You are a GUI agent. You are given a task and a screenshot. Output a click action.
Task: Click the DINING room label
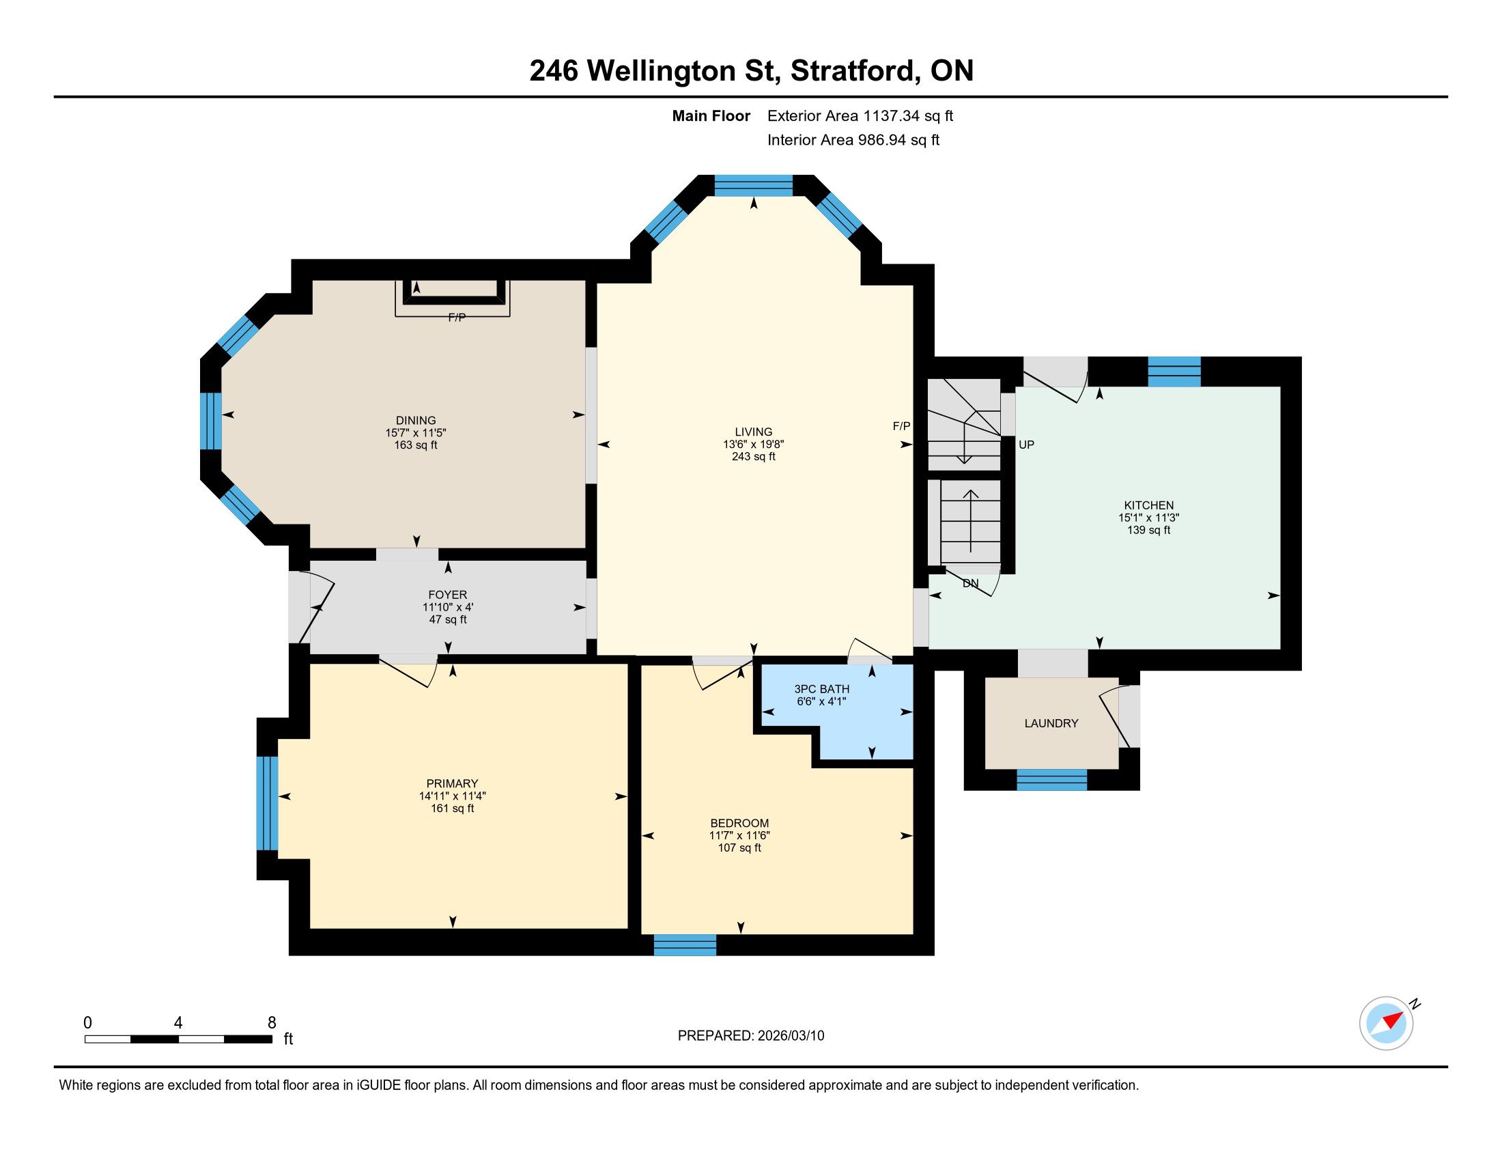[415, 420]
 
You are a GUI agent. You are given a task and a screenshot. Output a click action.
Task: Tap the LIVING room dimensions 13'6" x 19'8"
[753, 445]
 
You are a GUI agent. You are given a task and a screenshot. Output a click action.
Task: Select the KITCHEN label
[1148, 505]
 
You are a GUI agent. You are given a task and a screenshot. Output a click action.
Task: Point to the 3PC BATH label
[822, 688]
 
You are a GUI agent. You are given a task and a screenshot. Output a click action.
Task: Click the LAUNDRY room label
[1051, 723]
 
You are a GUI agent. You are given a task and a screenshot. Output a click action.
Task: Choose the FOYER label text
[448, 595]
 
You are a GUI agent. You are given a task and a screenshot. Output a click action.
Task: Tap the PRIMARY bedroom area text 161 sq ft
[452, 808]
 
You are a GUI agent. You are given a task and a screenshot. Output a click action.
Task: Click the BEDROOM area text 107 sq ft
[739, 848]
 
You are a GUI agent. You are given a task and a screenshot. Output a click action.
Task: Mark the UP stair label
[1026, 445]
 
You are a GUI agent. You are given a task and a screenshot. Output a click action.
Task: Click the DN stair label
[970, 583]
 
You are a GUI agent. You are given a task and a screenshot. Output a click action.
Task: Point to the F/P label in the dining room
[457, 317]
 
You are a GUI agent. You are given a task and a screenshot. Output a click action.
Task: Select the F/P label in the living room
[901, 425]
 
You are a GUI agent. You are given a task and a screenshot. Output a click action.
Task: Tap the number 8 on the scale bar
[272, 1022]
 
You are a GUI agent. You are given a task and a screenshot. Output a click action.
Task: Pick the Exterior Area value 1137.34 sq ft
[909, 115]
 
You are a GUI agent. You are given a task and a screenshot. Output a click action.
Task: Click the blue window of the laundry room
[1051, 779]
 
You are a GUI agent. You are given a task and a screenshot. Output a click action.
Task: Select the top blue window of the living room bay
[754, 186]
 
